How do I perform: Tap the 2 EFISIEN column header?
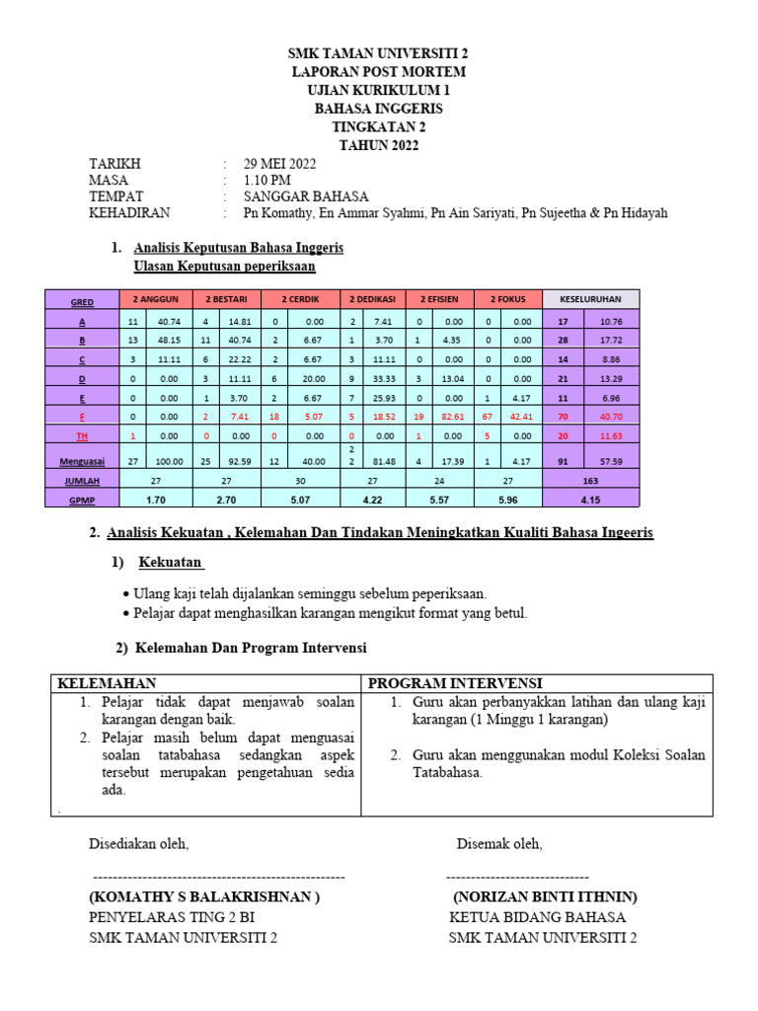[437, 299]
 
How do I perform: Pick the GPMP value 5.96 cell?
[509, 500]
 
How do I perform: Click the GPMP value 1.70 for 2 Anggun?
[155, 500]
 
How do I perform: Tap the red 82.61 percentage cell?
[453, 418]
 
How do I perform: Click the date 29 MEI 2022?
[281, 164]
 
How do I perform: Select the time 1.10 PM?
[266, 181]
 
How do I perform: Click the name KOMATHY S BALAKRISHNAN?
[204, 897]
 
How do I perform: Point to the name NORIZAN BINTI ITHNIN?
[545, 897]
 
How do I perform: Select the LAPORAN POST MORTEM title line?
[378, 72]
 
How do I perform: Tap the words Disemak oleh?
[499, 844]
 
